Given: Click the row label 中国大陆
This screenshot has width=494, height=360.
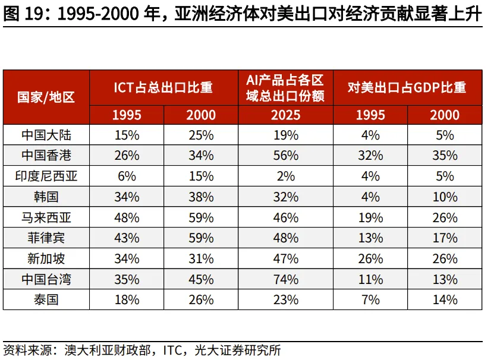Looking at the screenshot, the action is tap(46, 135).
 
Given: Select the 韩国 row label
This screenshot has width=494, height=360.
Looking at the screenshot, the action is tap(46, 197).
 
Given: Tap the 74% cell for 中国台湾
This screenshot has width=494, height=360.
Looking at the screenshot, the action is tap(286, 279).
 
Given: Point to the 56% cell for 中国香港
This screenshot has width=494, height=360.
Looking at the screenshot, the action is tap(286, 156).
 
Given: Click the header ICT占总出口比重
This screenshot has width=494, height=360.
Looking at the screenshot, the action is tap(163, 87).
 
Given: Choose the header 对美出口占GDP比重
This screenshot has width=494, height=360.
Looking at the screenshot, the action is tap(407, 87).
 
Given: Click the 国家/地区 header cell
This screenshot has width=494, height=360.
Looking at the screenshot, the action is tap(46, 97).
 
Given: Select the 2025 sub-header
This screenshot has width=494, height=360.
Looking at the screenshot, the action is tap(286, 115).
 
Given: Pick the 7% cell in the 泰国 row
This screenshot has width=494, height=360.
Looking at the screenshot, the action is tap(370, 300).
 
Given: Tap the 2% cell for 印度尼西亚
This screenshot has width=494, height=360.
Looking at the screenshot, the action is tap(286, 176).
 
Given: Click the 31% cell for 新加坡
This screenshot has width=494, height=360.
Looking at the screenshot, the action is tap(201, 259).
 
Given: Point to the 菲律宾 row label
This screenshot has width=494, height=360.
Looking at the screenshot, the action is tap(46, 238).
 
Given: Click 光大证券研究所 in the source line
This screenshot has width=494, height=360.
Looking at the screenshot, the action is tap(238, 350).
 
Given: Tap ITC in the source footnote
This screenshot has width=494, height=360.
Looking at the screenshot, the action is tap(172, 350).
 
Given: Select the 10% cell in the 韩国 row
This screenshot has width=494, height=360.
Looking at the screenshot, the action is tap(445, 197).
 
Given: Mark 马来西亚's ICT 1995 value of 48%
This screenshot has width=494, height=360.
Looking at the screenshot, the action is tap(127, 217).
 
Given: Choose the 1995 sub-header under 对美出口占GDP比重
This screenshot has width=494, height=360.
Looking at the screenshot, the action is tap(370, 115).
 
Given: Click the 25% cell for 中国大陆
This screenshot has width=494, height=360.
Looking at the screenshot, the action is tap(201, 135).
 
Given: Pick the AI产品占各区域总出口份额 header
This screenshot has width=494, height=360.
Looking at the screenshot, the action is tap(285, 88).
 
